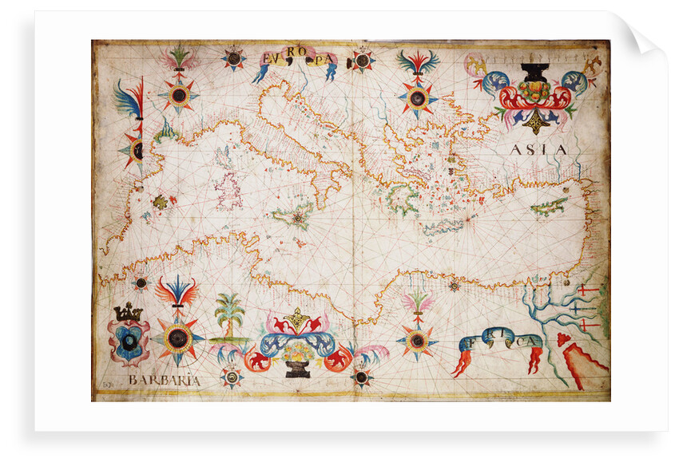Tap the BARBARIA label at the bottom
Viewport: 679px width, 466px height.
coord(163,381)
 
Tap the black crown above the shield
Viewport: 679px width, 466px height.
coord(128,313)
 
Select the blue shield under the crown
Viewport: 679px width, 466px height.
coord(129,342)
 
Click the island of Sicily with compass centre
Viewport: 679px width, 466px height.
coord(292,216)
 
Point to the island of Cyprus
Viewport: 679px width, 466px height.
coord(549,207)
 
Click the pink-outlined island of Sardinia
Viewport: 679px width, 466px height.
coord(228,191)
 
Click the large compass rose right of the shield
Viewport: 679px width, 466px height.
coord(177,338)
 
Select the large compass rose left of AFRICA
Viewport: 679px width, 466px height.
coord(416,341)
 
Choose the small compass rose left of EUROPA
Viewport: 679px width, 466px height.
coord(233,57)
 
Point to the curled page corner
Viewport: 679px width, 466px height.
coord(644,37)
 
